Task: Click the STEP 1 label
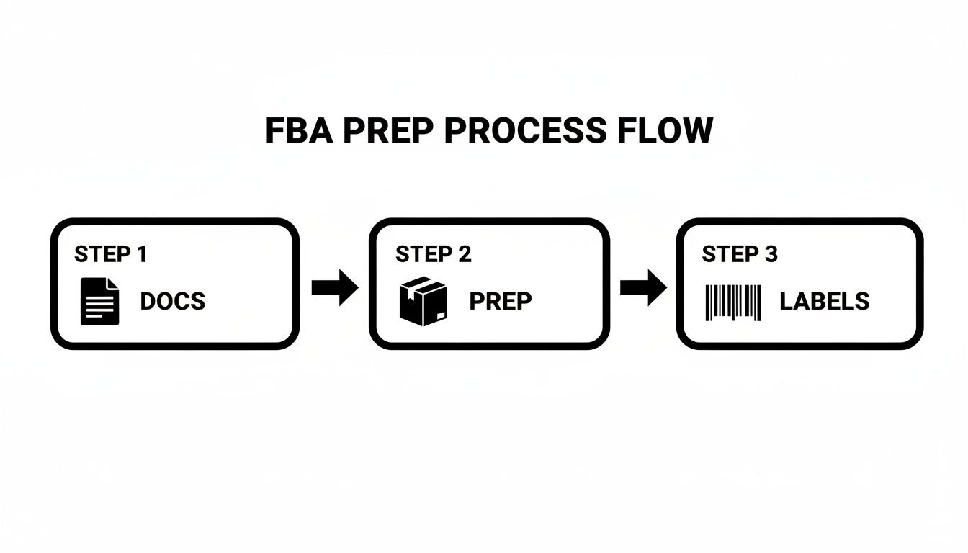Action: point(111,254)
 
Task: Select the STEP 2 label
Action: point(433,254)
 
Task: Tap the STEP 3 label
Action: point(740,254)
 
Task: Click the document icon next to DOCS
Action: point(99,301)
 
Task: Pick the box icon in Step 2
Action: point(423,301)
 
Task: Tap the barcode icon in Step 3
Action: point(733,302)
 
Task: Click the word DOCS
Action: point(172,301)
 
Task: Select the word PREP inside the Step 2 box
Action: point(501,301)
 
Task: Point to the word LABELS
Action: point(824,301)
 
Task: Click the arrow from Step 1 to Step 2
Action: point(334,288)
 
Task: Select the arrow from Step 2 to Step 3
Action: point(643,288)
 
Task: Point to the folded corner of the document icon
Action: point(112,283)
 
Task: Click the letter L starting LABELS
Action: point(786,301)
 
